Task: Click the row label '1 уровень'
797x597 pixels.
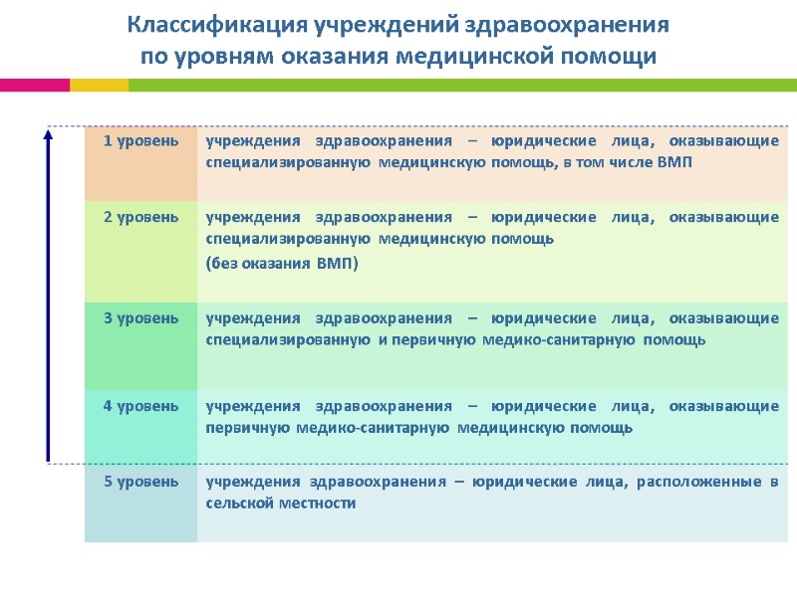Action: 141,141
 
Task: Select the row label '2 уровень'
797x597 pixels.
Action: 141,217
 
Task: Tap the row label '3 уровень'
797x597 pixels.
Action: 141,318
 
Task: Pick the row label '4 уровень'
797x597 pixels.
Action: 141,406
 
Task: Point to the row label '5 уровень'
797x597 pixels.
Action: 141,482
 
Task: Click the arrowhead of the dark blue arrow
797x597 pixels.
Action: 48,135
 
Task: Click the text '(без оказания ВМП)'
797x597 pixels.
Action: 281,264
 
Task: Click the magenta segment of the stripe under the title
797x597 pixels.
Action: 34,86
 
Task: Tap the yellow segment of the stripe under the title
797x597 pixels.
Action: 99,86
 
